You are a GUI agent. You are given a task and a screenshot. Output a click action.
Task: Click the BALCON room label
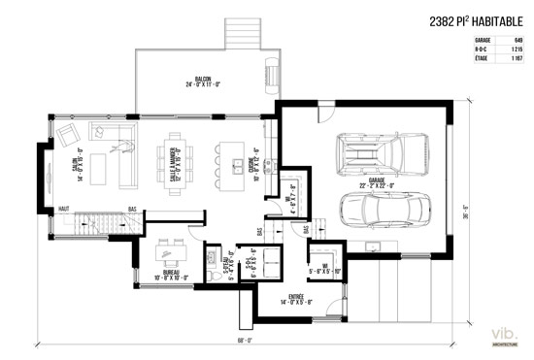[x=204, y=82]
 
